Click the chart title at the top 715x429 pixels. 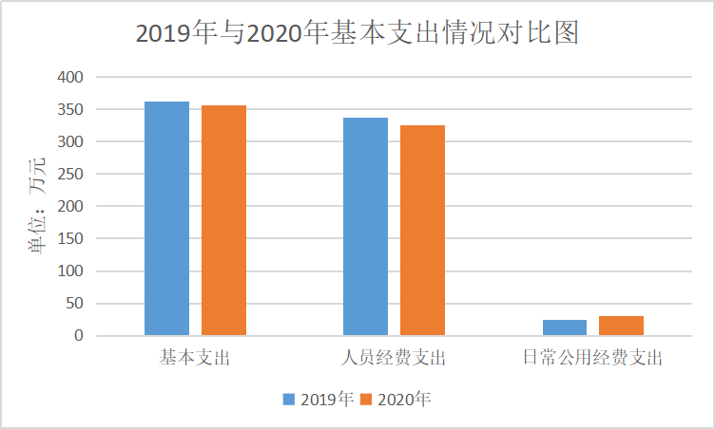click(357, 33)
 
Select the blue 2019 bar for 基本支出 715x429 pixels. click(166, 218)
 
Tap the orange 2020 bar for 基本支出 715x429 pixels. click(223, 220)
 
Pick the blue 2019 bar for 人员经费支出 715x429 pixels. click(365, 226)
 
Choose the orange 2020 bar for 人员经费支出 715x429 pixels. click(422, 230)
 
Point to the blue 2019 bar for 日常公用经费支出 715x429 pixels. click(565, 327)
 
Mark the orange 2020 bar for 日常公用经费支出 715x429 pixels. click(621, 326)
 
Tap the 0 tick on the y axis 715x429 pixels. click(79, 335)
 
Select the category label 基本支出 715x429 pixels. click(195, 359)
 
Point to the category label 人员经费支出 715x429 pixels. click(394, 359)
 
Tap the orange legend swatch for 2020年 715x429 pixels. click(366, 399)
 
